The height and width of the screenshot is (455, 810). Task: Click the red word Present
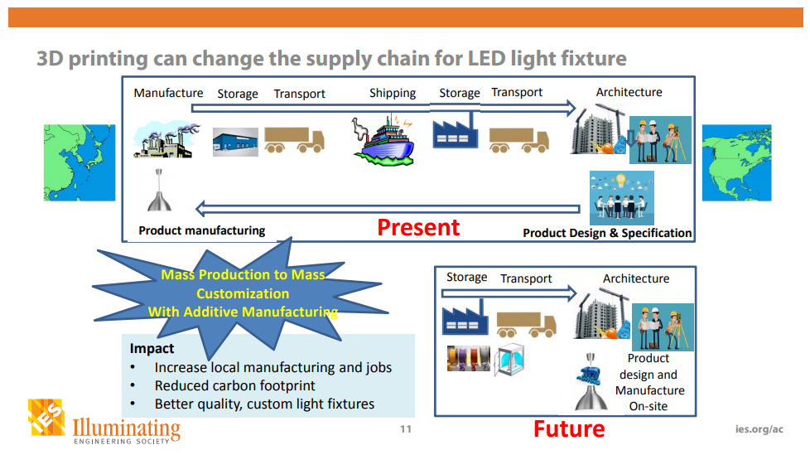tap(418, 227)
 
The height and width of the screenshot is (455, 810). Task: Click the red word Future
tap(568, 428)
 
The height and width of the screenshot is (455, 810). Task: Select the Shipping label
tap(393, 93)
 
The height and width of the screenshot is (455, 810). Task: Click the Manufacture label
tap(168, 93)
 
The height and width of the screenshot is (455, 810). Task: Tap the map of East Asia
tap(80, 162)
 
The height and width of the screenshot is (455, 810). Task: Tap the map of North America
tap(736, 162)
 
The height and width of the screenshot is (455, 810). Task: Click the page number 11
tap(405, 429)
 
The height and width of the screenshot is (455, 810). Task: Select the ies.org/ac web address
tap(759, 429)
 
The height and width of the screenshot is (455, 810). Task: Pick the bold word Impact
tap(152, 349)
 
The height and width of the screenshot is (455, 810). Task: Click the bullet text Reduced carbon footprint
tap(234, 385)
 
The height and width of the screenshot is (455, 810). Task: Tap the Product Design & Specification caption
tap(607, 233)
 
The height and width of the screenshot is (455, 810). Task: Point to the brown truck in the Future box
tap(527, 324)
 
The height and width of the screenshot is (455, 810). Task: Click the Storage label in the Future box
tap(466, 277)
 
